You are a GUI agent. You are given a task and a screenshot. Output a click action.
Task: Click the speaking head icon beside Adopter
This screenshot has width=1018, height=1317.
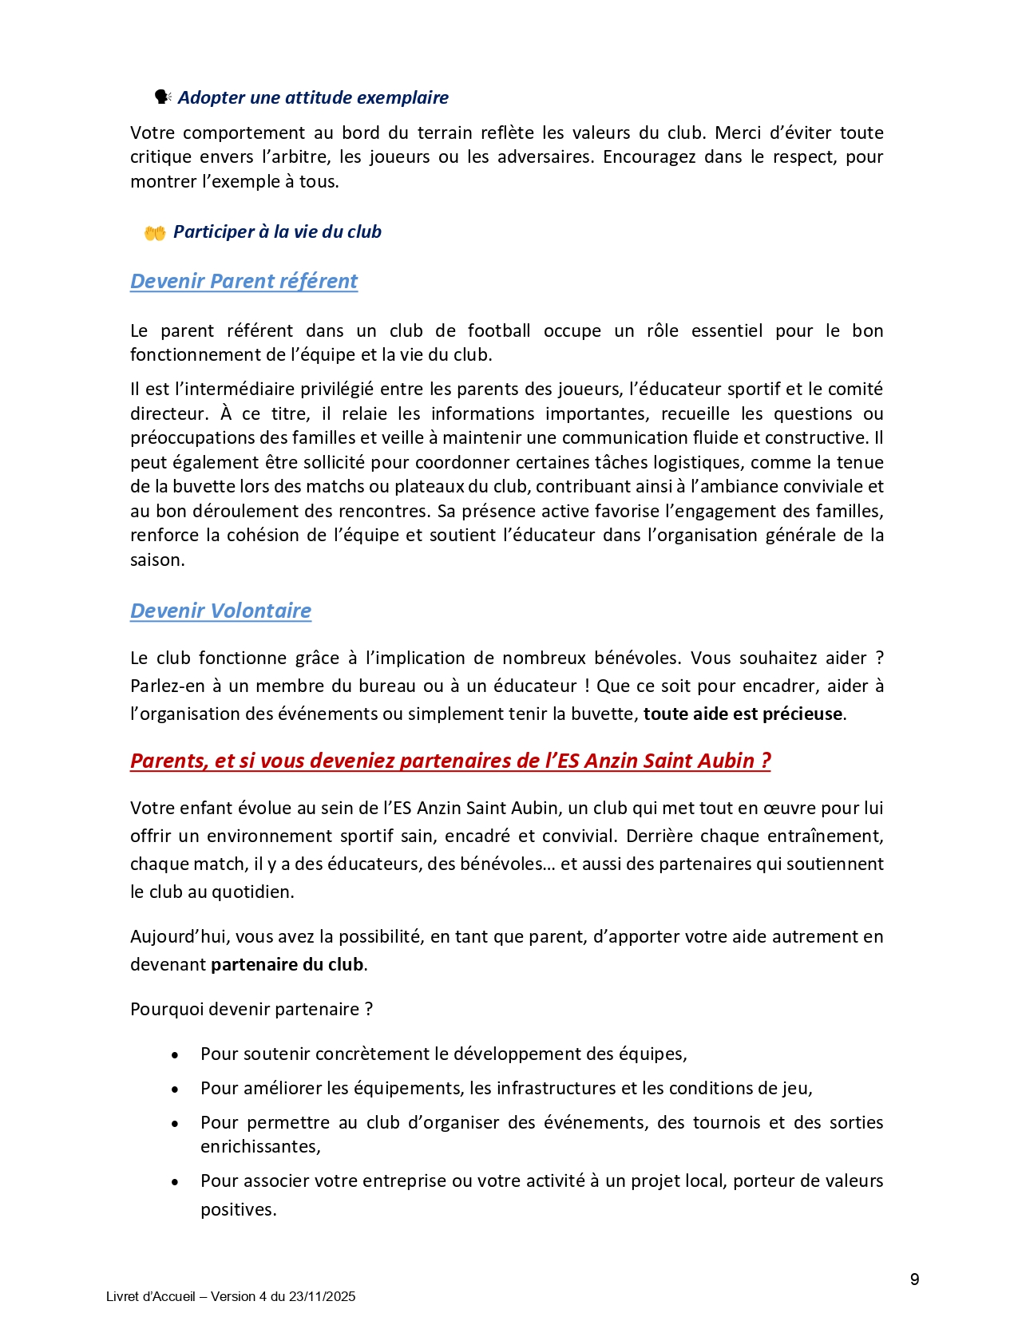tap(162, 97)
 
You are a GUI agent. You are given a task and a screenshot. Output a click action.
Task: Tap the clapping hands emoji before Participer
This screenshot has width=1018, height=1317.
tap(154, 232)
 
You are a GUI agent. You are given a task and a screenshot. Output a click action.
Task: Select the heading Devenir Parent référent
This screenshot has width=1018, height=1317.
tap(244, 281)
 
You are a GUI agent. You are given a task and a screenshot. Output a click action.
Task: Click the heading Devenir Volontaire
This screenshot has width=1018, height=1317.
tap(220, 611)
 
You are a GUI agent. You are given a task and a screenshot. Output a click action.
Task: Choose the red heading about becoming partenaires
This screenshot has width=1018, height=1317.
tap(450, 761)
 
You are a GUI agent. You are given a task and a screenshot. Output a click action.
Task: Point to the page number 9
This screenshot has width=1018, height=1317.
tap(914, 1279)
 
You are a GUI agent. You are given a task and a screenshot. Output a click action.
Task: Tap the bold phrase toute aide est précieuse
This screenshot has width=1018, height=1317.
tap(743, 714)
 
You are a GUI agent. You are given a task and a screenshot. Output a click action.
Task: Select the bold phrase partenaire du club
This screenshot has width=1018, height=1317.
tap(287, 964)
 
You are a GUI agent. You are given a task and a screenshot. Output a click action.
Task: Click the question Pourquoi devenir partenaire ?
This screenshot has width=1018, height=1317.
tap(252, 1009)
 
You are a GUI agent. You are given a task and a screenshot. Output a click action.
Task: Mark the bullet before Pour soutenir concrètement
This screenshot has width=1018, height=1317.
tap(175, 1055)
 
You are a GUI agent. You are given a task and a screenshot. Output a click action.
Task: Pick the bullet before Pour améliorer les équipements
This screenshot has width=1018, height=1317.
tap(175, 1090)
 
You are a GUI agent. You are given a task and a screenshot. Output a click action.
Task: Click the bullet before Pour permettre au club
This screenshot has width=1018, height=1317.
tap(175, 1124)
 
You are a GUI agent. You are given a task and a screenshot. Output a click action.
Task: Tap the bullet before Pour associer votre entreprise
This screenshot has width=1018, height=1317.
tap(175, 1182)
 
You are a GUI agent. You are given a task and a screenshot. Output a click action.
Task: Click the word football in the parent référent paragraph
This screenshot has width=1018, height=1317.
tap(499, 330)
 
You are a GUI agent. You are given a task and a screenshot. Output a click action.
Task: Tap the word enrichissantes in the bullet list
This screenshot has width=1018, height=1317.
tap(259, 1146)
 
